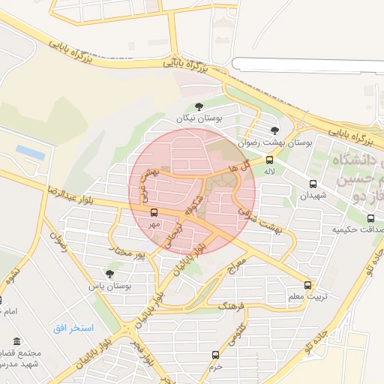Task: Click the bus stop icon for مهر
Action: coord(154,212)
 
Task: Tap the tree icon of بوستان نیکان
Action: coord(199,106)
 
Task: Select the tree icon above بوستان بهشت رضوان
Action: coord(274,130)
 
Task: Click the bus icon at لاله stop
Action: coord(269,160)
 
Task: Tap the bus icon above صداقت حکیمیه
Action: coord(370,218)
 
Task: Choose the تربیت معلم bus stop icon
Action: coord(308,285)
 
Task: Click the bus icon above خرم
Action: coord(216,355)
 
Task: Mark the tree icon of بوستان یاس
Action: coord(110,274)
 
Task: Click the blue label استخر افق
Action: coord(73,328)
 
